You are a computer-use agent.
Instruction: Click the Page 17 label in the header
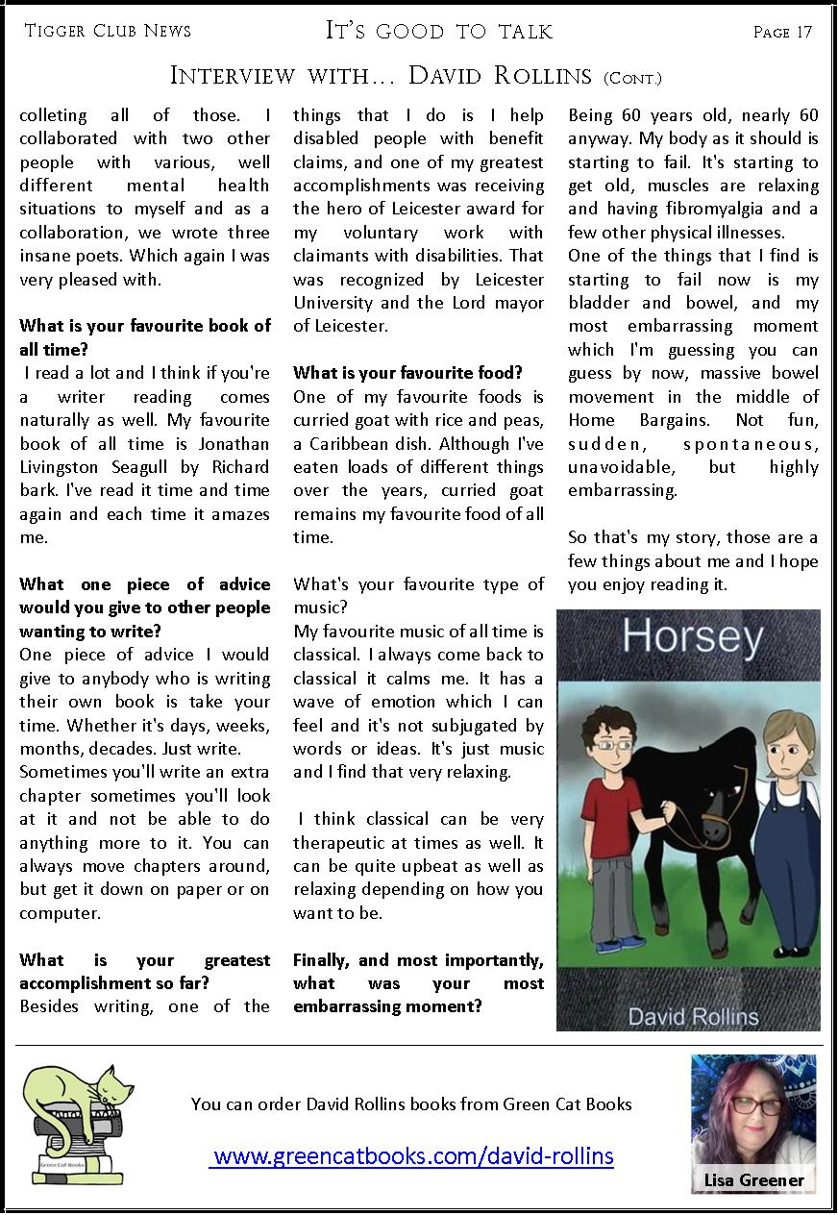click(782, 32)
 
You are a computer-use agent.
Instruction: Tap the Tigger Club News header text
click(108, 31)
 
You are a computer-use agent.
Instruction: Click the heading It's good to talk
click(439, 31)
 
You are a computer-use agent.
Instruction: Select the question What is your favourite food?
click(407, 372)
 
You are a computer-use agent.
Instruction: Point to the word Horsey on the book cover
click(692, 637)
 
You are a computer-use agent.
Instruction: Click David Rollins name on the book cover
click(692, 1016)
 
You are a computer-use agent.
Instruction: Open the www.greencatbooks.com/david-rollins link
click(411, 1155)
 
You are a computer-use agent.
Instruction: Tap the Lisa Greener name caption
click(753, 1179)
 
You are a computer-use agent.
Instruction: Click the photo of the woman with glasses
click(753, 1115)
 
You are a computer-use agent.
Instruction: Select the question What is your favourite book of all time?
click(144, 337)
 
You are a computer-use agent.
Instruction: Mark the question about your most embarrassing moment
click(418, 983)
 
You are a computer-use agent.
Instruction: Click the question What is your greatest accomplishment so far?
click(144, 972)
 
